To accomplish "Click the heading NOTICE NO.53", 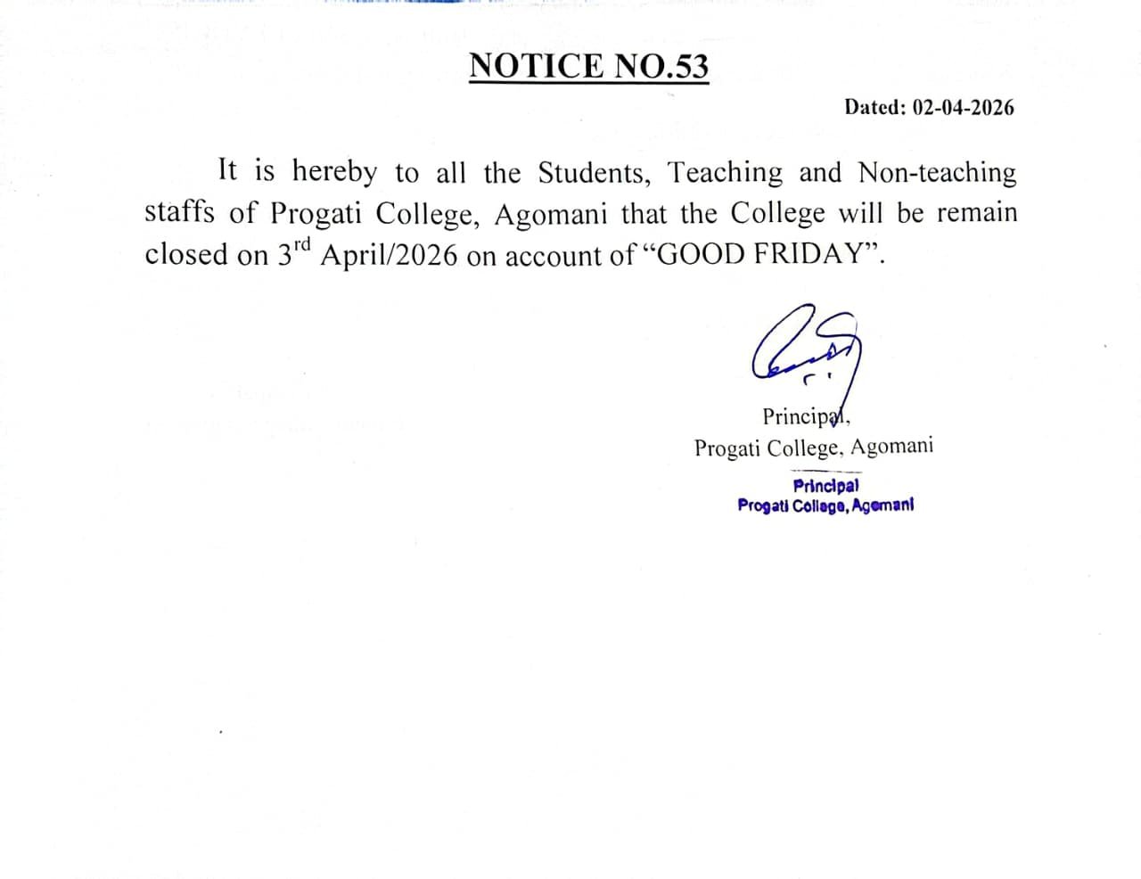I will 588,67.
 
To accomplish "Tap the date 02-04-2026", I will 964,108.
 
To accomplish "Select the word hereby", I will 334,171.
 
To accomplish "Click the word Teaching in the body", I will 725,171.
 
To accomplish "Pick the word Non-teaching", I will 937,172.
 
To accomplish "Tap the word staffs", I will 179,213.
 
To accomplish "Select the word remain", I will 976,213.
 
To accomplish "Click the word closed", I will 186,255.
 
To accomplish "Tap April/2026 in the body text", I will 389,257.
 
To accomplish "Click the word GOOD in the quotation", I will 700,255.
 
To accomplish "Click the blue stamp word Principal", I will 826,487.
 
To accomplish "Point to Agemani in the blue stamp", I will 882,505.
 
